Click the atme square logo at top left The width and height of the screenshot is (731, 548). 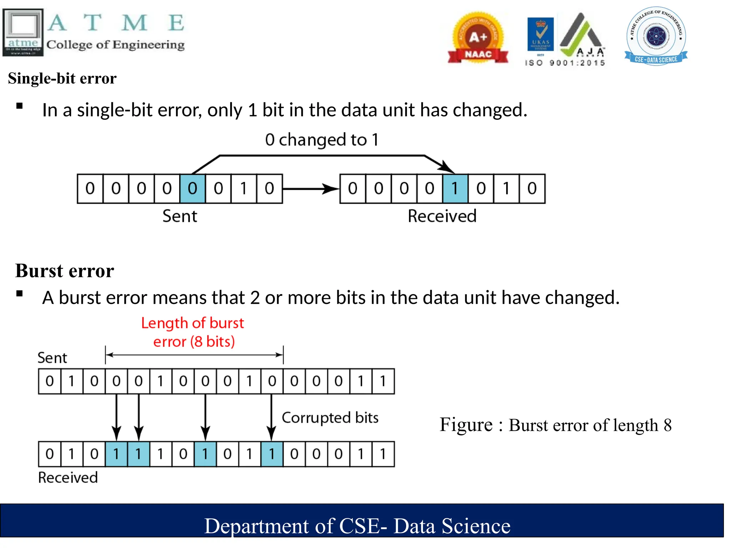point(23,32)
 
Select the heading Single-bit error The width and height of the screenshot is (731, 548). point(62,78)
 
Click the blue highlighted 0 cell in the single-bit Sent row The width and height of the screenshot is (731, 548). point(192,189)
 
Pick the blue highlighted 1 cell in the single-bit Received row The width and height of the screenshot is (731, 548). point(455,189)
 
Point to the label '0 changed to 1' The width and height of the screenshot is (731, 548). point(322,139)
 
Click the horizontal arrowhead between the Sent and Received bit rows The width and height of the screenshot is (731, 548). point(330,189)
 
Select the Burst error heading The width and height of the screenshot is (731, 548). point(65,271)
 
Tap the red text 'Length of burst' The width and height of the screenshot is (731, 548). point(192,323)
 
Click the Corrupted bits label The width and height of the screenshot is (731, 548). point(330,418)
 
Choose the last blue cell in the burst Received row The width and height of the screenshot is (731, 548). point(272,454)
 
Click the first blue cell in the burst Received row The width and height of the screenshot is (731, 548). point(116,454)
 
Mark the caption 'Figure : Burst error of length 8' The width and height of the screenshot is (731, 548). point(555,425)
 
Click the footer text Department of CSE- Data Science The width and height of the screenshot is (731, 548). point(357,526)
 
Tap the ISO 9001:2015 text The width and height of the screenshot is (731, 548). point(565,63)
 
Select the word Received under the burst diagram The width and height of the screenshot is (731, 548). point(68,478)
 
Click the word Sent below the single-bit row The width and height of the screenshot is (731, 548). point(180,216)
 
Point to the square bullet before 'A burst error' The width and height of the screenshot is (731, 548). point(20,294)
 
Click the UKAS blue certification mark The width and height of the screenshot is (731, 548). point(540,34)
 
